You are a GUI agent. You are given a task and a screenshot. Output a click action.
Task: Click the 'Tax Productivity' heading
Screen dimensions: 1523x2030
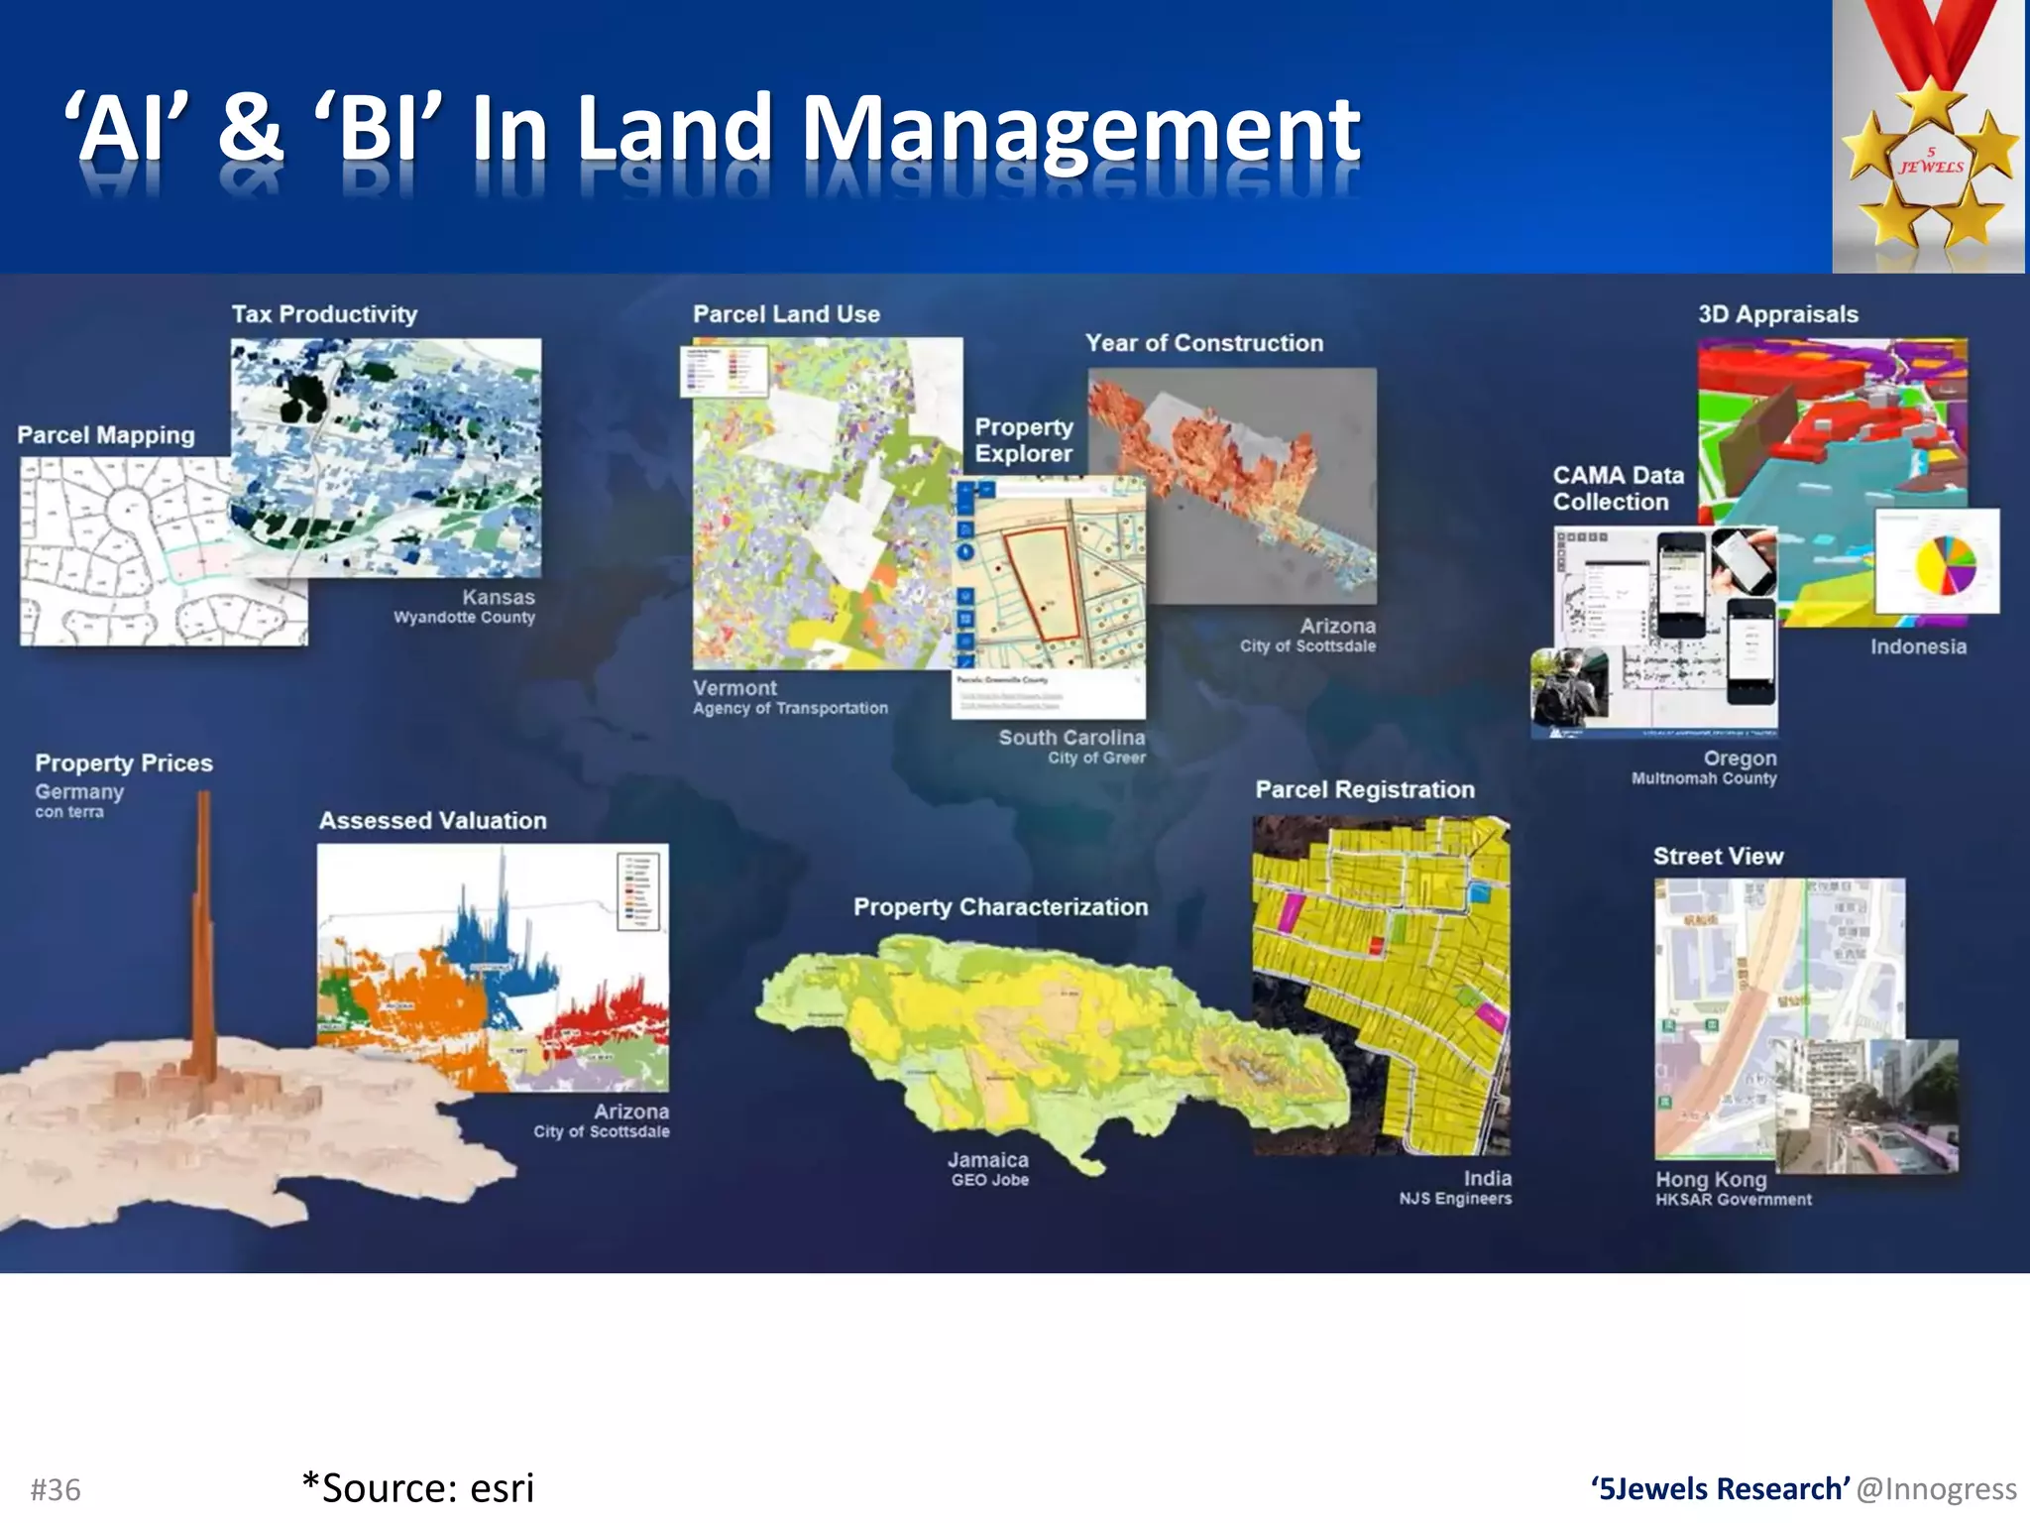pos(324,314)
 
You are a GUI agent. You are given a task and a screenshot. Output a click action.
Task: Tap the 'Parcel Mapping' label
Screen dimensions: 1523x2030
pos(106,435)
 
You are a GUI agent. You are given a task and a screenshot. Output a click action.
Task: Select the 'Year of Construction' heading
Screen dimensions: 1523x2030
pos(1203,343)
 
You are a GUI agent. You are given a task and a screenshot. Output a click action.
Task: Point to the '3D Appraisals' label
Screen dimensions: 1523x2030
pos(1777,314)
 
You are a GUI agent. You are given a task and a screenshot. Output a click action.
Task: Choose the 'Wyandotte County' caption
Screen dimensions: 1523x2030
pos(464,618)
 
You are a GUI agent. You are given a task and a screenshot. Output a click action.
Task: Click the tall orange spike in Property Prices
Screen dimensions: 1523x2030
pos(203,932)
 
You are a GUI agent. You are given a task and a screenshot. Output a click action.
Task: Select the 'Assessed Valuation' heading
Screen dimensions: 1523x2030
pos(432,821)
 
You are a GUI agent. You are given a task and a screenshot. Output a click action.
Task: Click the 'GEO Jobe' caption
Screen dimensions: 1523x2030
pos(989,1180)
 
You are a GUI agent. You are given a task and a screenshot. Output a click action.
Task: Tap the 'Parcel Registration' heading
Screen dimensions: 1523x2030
pos(1364,790)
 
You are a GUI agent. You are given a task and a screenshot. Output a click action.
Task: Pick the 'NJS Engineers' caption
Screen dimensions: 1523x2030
pos(1455,1199)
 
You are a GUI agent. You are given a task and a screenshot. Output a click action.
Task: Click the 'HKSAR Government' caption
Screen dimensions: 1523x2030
pos(1733,1200)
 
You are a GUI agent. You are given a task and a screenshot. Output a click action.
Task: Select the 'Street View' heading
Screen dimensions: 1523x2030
pos(1718,857)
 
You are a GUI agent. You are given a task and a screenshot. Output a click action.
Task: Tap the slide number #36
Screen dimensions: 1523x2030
pos(56,1489)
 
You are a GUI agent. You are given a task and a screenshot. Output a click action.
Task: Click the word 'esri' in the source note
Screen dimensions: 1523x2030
pos(502,1488)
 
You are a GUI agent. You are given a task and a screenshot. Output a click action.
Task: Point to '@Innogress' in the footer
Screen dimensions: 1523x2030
pos(1936,1489)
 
